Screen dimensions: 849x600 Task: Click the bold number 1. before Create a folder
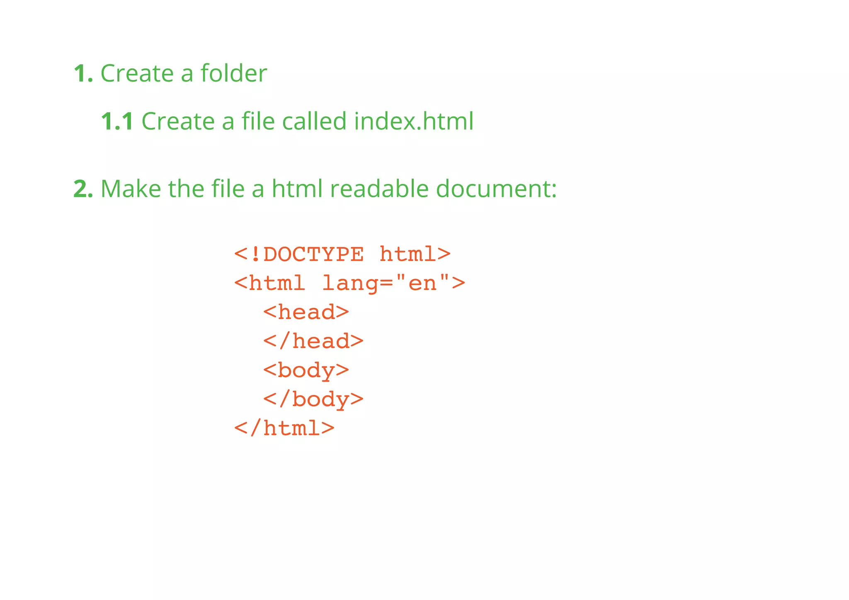pyautogui.click(x=83, y=74)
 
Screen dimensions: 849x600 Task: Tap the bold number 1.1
pyautogui.click(x=117, y=121)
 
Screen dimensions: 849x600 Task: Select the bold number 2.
pyautogui.click(x=83, y=189)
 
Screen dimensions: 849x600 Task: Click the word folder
pyautogui.click(x=234, y=73)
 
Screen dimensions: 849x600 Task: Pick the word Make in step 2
pyautogui.click(x=131, y=189)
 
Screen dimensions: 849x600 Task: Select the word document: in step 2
pyautogui.click(x=496, y=189)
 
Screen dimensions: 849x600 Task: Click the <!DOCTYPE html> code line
pyautogui.click(x=342, y=254)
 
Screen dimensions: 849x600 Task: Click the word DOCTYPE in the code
pyautogui.click(x=314, y=254)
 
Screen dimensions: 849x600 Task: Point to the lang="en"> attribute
pyautogui.click(x=393, y=283)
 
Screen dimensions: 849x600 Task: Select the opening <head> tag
pyautogui.click(x=306, y=312)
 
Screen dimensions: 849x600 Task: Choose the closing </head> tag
pyautogui.click(x=313, y=341)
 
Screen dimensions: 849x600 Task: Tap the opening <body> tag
pyautogui.click(x=306, y=370)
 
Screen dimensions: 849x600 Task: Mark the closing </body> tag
pyautogui.click(x=313, y=399)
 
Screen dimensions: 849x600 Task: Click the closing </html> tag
pyautogui.click(x=284, y=428)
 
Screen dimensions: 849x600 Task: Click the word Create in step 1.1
pyautogui.click(x=178, y=121)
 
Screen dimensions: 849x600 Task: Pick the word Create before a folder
pyautogui.click(x=137, y=74)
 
